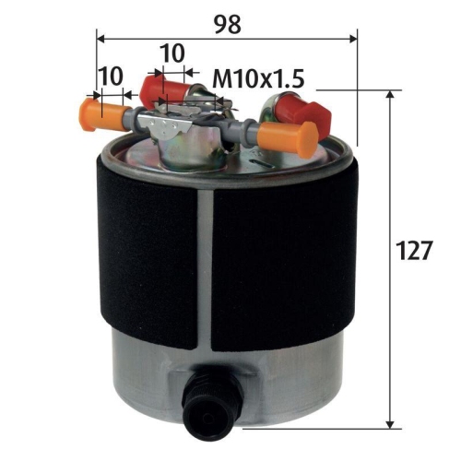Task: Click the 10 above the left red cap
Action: tap(171, 53)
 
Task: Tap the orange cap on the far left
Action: tap(104, 115)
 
